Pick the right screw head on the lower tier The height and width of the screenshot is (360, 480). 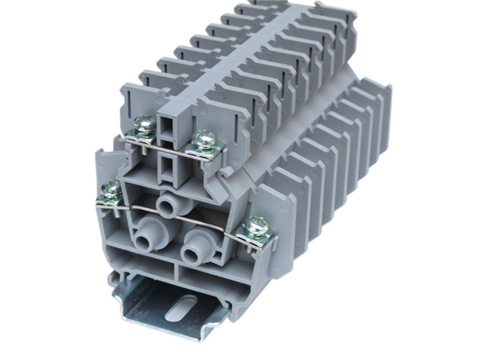pos(257,226)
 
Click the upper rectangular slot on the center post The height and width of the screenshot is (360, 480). pos(167,127)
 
